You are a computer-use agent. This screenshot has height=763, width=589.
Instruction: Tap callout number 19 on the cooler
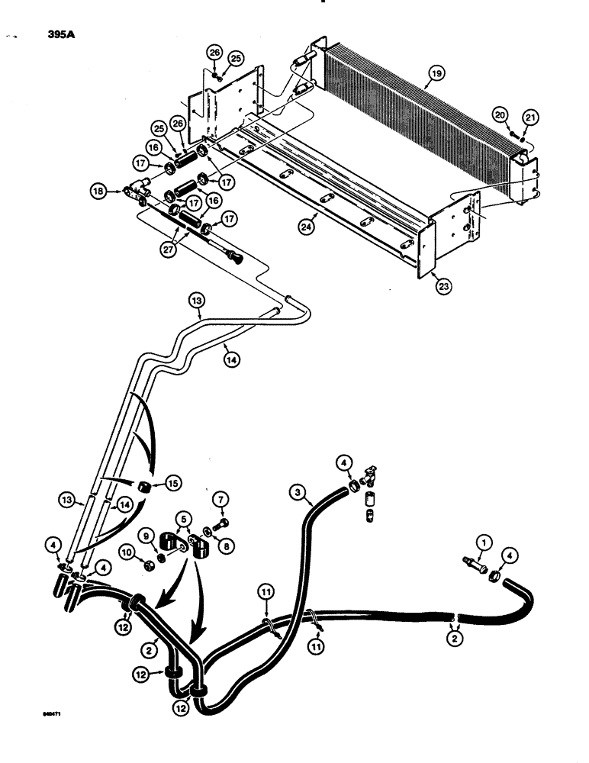click(x=435, y=73)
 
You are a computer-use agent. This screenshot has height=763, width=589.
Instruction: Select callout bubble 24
click(x=306, y=227)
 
